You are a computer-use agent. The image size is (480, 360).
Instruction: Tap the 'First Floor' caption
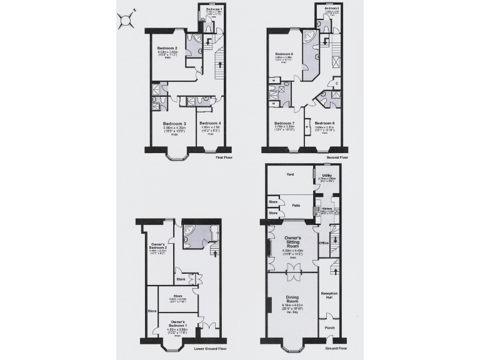point(224,158)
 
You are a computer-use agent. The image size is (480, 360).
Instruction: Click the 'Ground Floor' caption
point(336,348)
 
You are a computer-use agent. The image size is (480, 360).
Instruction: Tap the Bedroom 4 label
point(210,123)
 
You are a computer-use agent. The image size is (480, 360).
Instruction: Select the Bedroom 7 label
point(284,123)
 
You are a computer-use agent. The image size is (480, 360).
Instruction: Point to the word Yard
point(289,174)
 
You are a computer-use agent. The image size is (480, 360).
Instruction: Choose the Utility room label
point(327,176)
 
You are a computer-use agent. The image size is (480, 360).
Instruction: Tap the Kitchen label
point(327,209)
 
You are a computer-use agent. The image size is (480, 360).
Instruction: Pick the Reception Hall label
point(329,295)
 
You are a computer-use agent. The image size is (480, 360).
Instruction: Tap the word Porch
point(329,327)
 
